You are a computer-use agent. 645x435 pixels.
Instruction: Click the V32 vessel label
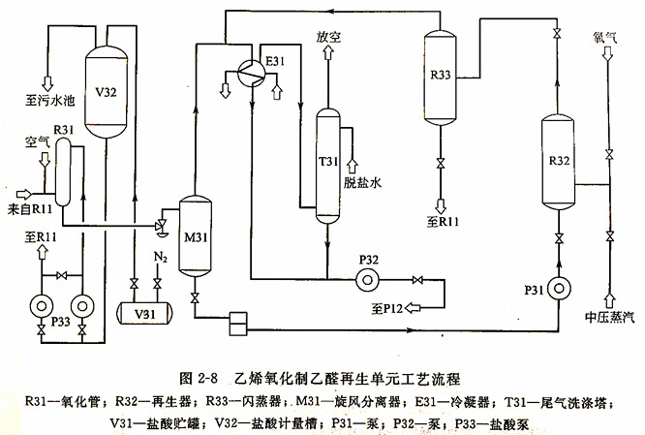point(107,93)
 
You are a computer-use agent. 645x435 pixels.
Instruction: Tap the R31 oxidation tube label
point(64,129)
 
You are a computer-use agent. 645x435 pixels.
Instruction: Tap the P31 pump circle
point(560,288)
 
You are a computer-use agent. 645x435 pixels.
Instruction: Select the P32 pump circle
point(366,281)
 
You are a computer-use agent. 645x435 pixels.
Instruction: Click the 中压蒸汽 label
point(608,319)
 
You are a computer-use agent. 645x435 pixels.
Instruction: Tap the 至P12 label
point(384,309)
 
